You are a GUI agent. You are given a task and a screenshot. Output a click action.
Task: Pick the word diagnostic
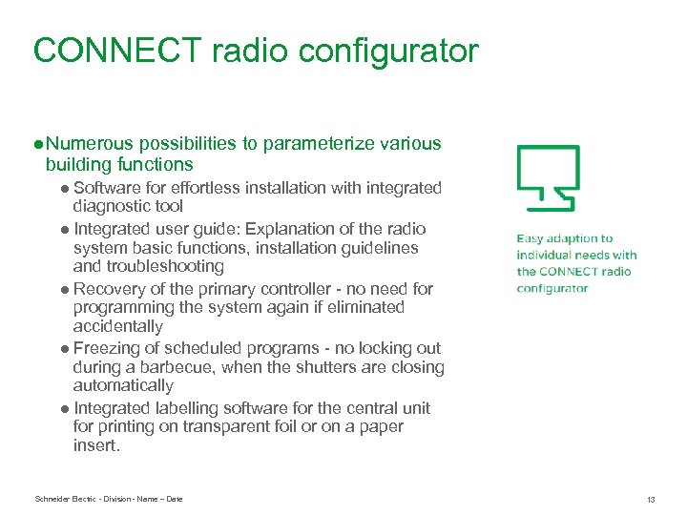tap(115, 206)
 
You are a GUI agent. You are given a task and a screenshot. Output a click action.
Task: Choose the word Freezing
tap(107, 348)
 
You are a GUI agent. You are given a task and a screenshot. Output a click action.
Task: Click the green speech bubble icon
tap(548, 177)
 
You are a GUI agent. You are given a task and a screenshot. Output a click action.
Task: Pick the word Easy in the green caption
tap(531, 238)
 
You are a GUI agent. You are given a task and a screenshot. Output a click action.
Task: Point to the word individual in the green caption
tap(547, 255)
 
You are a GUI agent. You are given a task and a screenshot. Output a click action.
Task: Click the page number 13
tap(651, 500)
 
